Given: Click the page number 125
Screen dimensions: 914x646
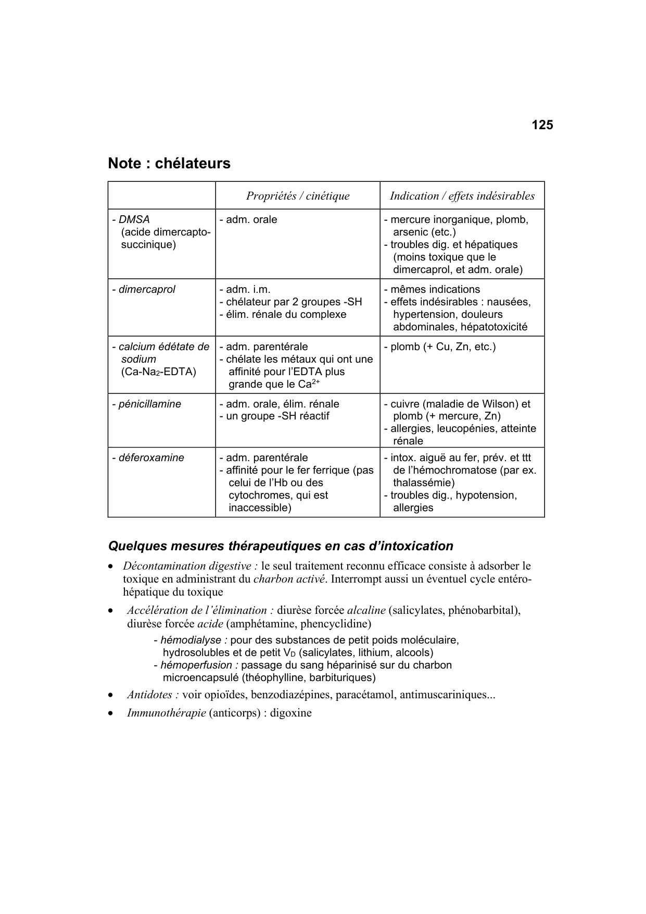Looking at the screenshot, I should click(x=542, y=125).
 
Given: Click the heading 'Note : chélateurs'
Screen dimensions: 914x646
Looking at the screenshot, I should click(x=169, y=164).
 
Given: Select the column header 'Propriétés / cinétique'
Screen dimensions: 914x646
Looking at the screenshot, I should click(x=298, y=196).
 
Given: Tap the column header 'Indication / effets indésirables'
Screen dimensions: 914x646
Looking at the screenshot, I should click(x=462, y=196).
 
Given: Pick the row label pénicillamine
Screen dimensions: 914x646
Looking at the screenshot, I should click(x=149, y=404).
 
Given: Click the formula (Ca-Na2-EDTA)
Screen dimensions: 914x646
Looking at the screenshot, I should click(x=159, y=372).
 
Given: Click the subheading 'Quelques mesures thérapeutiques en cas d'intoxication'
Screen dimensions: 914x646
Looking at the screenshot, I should click(x=281, y=546).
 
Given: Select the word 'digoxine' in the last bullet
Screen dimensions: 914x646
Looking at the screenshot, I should click(x=290, y=713).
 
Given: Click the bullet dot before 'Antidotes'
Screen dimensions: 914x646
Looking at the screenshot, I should click(x=110, y=695).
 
